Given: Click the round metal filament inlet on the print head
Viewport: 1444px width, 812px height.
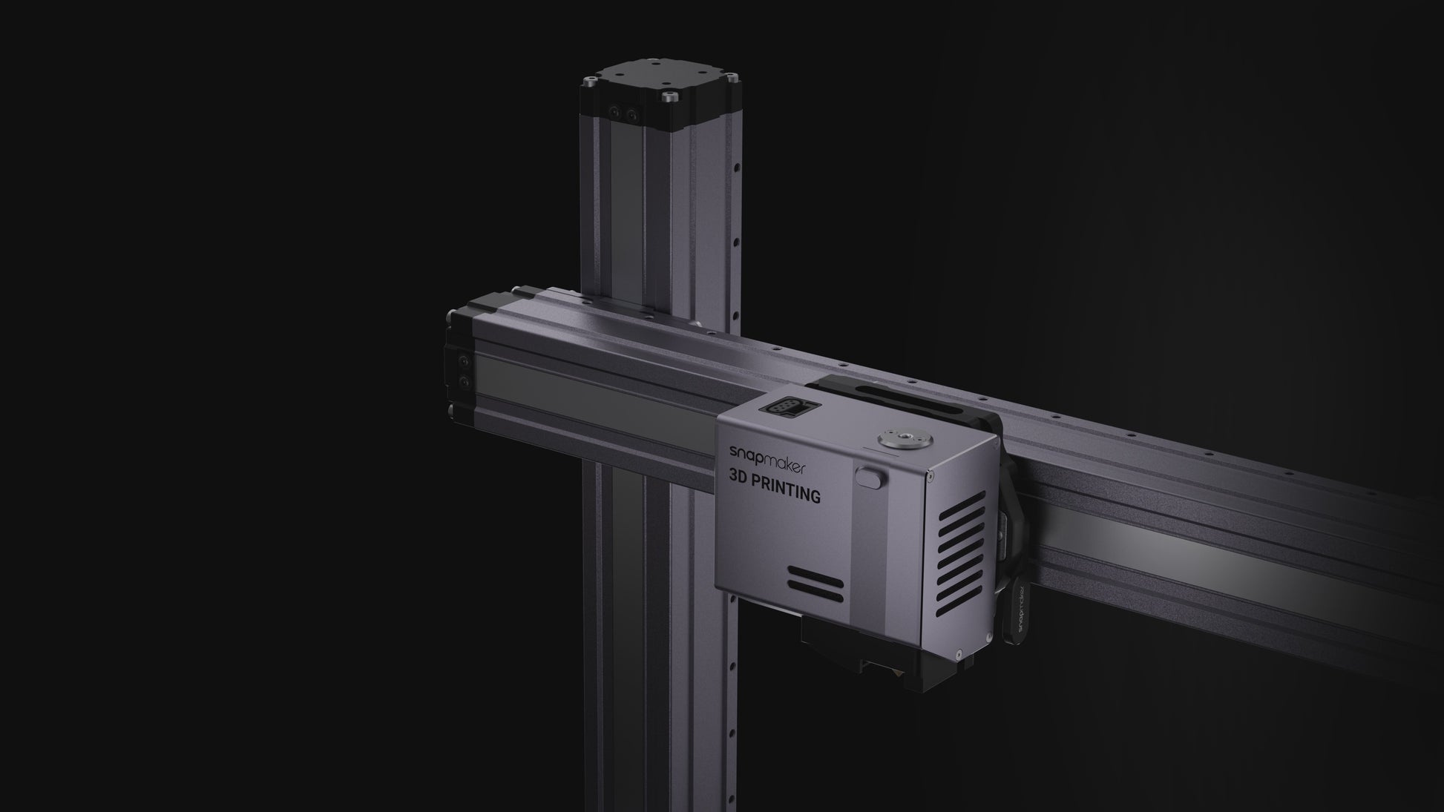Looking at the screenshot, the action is [x=894, y=439].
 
